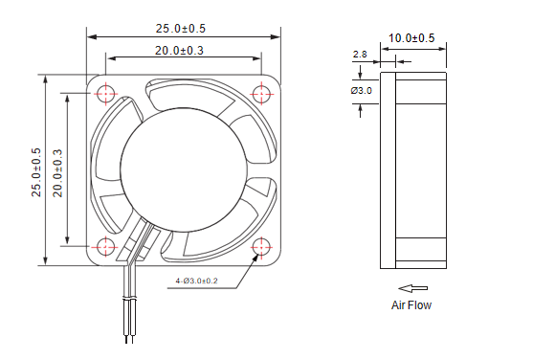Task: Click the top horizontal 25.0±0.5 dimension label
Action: coord(181,29)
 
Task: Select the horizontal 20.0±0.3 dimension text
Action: coord(179,51)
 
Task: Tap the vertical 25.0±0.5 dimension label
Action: coord(36,172)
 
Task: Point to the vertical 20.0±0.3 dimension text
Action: coord(57,173)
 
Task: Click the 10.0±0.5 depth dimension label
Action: coord(411,38)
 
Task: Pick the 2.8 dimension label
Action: coord(360,55)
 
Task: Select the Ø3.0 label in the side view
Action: coord(362,91)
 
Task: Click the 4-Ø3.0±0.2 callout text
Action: coord(196,281)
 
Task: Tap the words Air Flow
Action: coord(411,305)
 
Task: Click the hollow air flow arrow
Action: coord(412,288)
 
